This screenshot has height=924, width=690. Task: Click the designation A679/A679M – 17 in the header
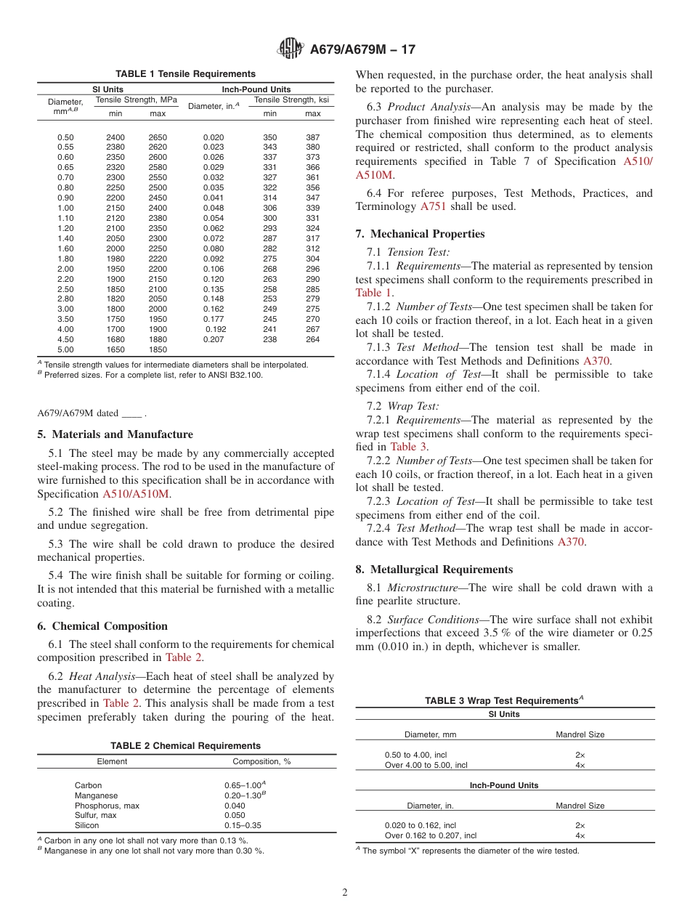pos(362,50)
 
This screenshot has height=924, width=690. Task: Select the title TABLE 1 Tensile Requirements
pos(185,74)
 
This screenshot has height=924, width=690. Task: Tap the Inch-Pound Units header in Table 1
pos(256,89)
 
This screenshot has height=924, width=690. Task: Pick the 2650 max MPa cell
pos(158,137)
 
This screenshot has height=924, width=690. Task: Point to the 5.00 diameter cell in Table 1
pos(65,349)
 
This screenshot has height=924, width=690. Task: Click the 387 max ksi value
pos(312,137)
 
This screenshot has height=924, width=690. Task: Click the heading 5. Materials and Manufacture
pos(115,434)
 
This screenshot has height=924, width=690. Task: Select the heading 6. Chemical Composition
pos(102,626)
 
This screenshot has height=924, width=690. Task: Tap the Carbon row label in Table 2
pos(88,785)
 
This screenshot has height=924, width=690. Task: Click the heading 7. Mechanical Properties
pos(421,234)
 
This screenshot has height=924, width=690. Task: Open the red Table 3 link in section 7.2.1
pos(408,447)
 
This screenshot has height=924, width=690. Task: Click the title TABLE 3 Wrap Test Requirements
pos(504,701)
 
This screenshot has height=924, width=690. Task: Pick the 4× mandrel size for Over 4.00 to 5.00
pos(580,765)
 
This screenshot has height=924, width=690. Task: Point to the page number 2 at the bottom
pos(345,893)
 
